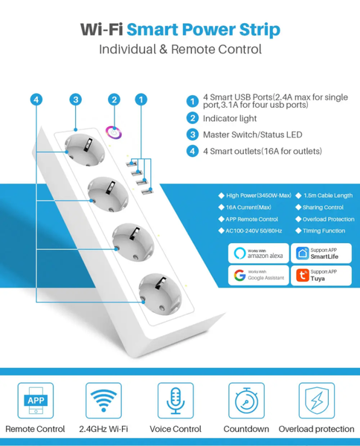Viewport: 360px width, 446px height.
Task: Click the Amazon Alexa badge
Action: click(257, 253)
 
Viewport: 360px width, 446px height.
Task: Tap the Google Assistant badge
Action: click(257, 276)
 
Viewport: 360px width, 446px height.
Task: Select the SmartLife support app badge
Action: click(321, 253)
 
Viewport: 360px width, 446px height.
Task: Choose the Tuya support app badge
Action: click(321, 276)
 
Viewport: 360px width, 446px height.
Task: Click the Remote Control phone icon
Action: click(35, 401)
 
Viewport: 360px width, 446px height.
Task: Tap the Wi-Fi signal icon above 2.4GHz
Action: click(103, 401)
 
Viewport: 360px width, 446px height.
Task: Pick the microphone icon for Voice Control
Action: click(175, 401)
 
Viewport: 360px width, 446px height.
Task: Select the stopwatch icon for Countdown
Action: click(246, 401)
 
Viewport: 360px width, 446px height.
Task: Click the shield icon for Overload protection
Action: click(316, 401)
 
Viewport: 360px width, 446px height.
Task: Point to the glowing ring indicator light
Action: click(115, 132)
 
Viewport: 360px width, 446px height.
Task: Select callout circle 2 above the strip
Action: click(114, 100)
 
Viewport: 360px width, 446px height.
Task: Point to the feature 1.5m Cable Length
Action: click(328, 195)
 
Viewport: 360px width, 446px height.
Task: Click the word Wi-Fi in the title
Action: click(102, 30)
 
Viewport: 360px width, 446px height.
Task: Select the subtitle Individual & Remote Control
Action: click(180, 50)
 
